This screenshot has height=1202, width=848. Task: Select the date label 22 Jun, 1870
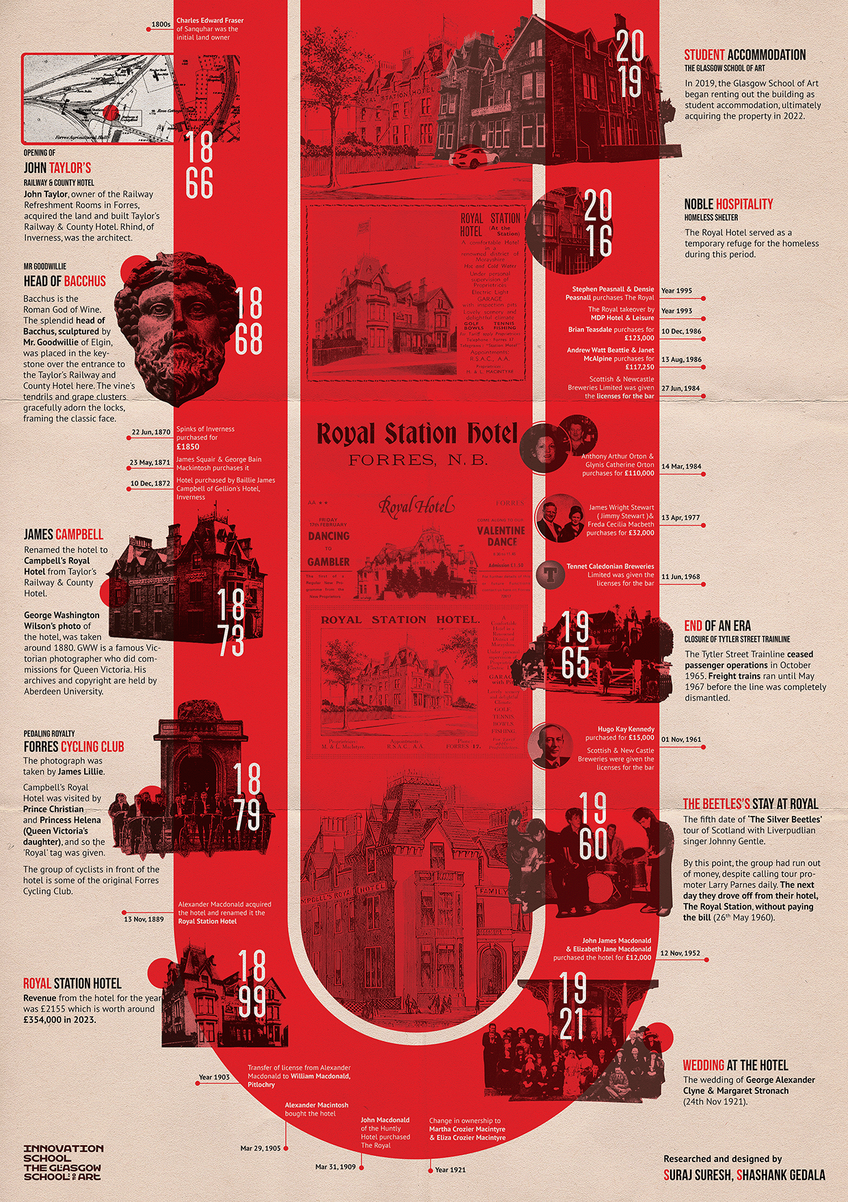tap(151, 433)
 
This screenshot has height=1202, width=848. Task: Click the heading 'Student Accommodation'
tap(745, 55)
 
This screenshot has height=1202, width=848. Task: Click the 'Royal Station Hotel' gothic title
tap(416, 434)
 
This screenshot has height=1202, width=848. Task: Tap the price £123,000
tap(639, 338)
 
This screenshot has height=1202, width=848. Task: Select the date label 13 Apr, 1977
tap(680, 518)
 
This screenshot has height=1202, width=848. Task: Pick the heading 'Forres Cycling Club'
tap(74, 747)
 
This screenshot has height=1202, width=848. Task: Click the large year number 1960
tap(593, 826)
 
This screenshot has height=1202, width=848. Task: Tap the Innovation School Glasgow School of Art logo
tap(63, 1162)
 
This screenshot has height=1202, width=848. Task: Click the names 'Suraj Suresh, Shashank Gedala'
tap(744, 1175)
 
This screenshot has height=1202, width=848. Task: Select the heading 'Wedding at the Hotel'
tap(735, 1065)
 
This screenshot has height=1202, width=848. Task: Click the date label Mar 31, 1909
tap(335, 1167)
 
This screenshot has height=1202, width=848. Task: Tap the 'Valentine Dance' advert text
tap(501, 536)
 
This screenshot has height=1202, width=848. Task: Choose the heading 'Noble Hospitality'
tap(728, 204)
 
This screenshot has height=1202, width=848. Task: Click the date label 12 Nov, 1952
tap(680, 953)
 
